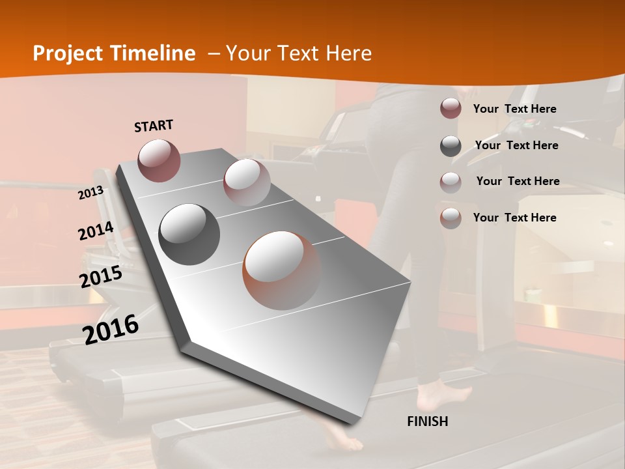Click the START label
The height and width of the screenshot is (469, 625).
154,126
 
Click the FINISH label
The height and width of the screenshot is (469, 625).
427,421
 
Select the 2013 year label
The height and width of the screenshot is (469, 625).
90,192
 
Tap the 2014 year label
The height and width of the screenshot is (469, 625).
96,231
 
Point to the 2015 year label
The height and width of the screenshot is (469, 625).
100,277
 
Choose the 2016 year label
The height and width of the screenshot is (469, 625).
111,330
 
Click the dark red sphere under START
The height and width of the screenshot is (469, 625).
159,160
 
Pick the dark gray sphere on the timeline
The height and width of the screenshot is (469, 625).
189,234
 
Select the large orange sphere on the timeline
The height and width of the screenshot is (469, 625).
282,270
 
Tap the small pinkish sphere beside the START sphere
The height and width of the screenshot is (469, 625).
246,182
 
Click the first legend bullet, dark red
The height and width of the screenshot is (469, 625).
451,109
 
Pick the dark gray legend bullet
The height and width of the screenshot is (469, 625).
451,146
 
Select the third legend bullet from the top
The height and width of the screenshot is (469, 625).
451,182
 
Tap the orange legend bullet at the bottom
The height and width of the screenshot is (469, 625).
451,218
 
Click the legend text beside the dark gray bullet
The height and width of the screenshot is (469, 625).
516,145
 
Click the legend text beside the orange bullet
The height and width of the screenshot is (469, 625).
514,218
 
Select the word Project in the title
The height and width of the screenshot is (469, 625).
65,53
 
